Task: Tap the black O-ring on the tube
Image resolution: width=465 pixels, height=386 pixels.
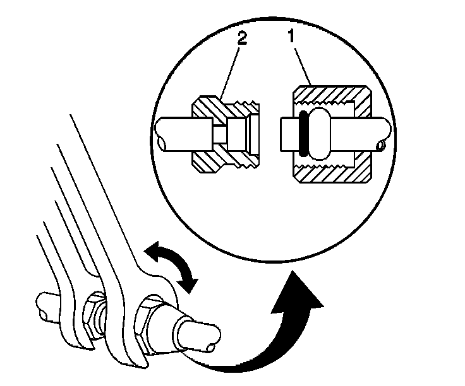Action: [x=302, y=134]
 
